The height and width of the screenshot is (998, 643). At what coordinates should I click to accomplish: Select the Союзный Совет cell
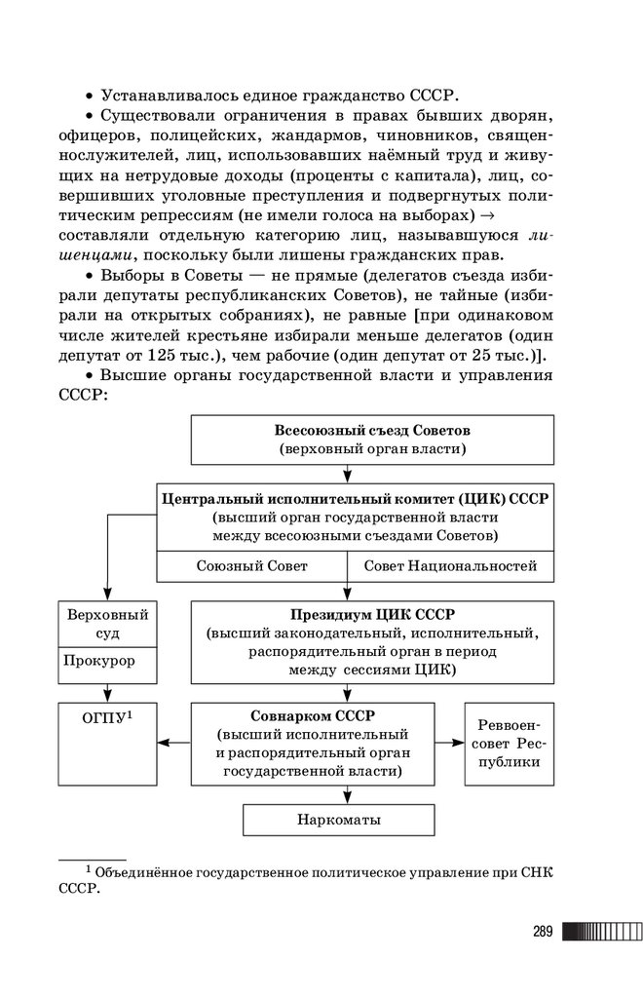[251, 566]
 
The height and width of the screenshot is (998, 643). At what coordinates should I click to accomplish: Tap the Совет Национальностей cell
[450, 566]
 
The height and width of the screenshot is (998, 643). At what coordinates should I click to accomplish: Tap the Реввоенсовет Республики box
[509, 744]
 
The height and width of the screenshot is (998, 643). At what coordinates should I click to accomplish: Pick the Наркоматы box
[339, 820]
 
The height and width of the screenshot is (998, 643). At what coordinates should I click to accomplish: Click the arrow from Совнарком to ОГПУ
[173, 743]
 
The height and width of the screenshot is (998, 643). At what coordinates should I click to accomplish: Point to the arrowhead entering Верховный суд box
[107, 595]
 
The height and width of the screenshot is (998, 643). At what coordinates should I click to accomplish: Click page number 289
[543, 932]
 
